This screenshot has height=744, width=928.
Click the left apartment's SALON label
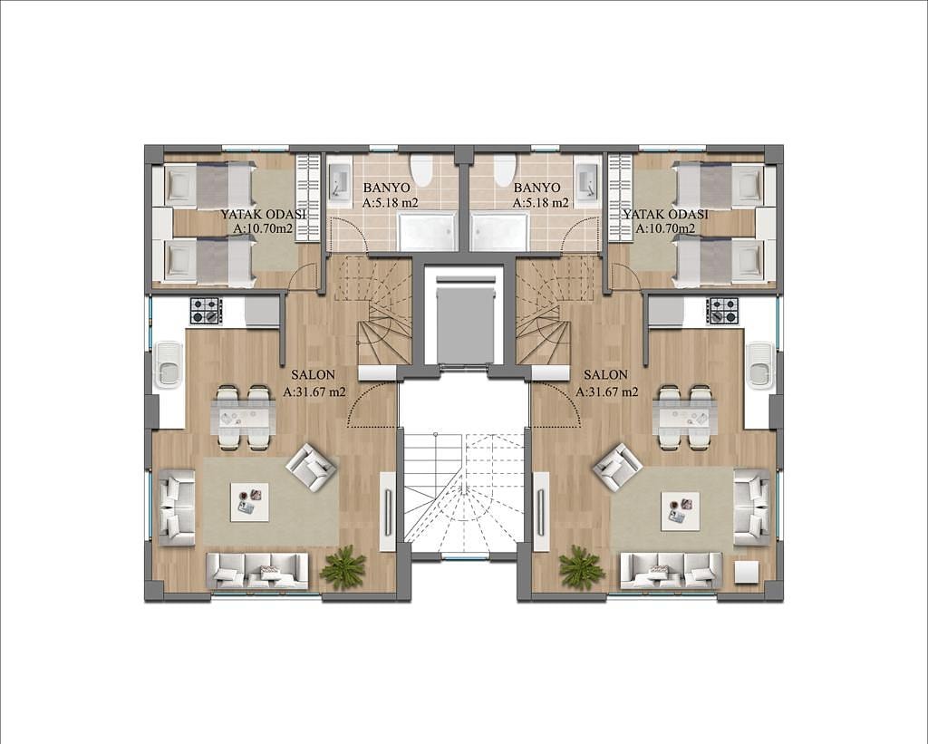[x=313, y=374]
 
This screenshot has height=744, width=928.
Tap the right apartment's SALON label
[x=605, y=374]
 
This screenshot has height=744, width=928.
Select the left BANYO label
[x=386, y=188]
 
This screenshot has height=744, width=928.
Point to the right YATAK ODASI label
[x=665, y=214]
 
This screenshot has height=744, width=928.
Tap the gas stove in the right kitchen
[x=722, y=312]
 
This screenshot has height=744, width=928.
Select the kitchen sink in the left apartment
[x=169, y=364]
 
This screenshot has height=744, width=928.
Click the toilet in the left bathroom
[x=422, y=169]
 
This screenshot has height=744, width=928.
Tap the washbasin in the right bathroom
[x=587, y=179]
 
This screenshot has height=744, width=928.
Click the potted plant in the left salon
[x=342, y=567]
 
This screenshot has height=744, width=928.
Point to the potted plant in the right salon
[x=581, y=567]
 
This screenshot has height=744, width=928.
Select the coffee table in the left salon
[x=248, y=502]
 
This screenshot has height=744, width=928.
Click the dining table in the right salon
[x=685, y=416]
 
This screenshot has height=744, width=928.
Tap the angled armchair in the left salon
[x=312, y=467]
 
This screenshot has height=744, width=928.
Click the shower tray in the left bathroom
[x=428, y=231]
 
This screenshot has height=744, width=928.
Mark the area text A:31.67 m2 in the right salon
[x=607, y=391]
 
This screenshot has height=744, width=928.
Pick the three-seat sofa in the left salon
[x=257, y=571]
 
